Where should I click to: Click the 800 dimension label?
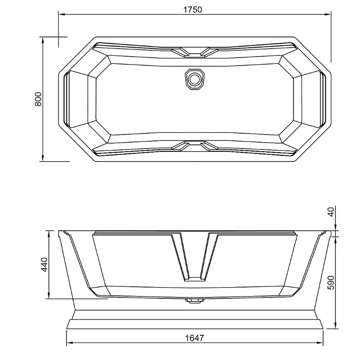[x=38, y=99]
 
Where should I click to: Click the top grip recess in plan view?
[x=194, y=52]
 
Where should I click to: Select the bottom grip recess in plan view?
[x=194, y=145]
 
